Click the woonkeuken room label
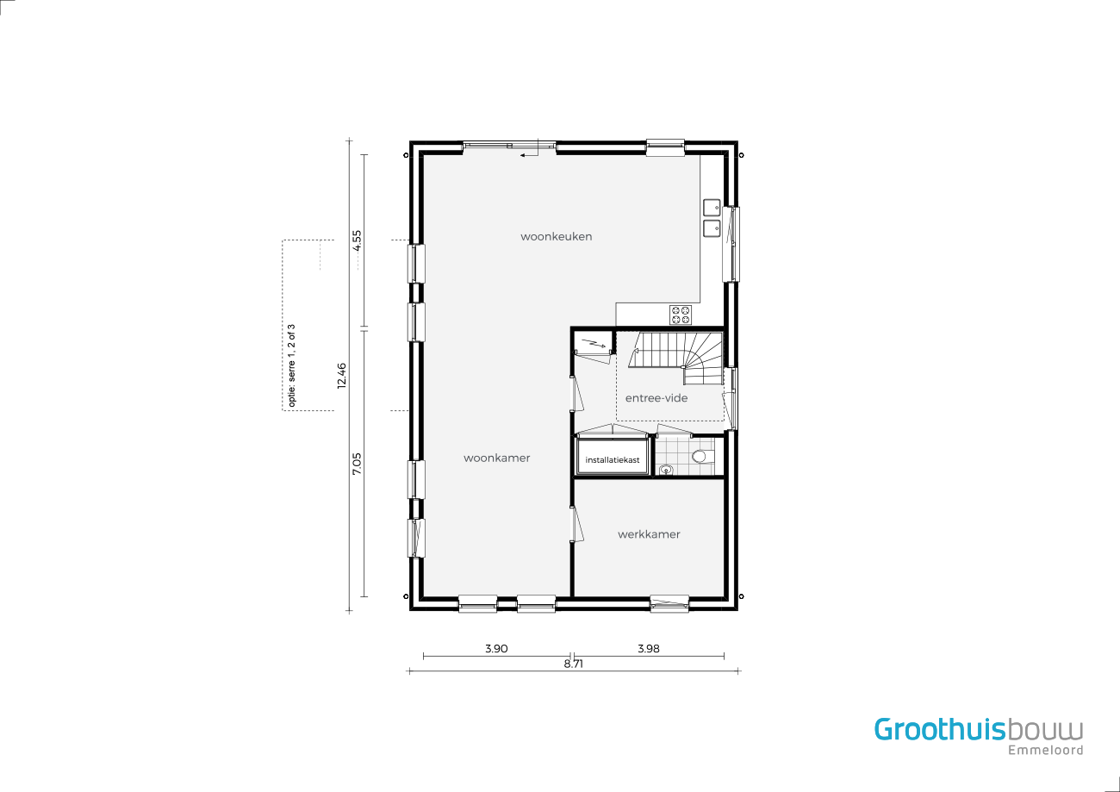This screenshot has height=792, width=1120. (x=556, y=236)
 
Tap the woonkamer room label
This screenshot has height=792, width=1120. (x=496, y=458)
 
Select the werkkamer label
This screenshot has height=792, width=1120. (x=649, y=534)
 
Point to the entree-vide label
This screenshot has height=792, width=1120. (x=656, y=398)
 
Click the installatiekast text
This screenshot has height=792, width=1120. (x=612, y=460)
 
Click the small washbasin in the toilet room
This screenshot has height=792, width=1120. (x=666, y=469)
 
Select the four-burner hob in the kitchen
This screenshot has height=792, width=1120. (x=681, y=315)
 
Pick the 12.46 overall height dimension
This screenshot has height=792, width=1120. (x=341, y=376)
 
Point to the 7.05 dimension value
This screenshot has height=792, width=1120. (x=357, y=464)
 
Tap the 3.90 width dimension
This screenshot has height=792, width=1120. (x=496, y=648)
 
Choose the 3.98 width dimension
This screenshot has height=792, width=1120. (x=649, y=648)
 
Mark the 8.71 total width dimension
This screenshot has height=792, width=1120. (x=574, y=664)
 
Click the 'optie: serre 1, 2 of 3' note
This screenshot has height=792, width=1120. (x=292, y=365)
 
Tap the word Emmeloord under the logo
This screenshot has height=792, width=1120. (x=1046, y=750)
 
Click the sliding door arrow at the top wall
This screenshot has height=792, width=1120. (x=528, y=155)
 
